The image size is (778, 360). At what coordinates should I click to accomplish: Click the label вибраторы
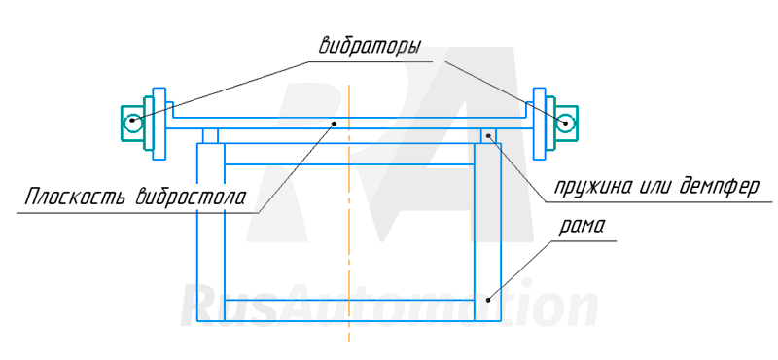(x=370, y=46)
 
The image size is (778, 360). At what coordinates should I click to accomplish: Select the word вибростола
(x=190, y=197)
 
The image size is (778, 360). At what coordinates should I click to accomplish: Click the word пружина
(x=591, y=187)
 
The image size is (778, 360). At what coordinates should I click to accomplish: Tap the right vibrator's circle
(x=565, y=124)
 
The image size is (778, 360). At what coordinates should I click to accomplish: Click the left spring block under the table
(x=210, y=136)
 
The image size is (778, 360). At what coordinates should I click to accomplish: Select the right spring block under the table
(x=488, y=136)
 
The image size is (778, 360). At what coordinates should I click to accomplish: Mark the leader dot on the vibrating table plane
(x=335, y=124)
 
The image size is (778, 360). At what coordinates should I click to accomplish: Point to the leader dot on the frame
(x=488, y=300)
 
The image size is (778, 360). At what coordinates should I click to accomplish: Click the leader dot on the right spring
(x=489, y=135)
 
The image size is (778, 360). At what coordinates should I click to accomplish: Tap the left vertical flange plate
(x=159, y=125)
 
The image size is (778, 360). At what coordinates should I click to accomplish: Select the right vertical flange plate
(x=540, y=125)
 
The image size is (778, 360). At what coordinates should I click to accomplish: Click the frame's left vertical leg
(x=211, y=233)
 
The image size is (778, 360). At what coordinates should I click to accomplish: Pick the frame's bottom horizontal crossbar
(x=350, y=310)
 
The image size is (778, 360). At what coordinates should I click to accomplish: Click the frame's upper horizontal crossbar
(x=350, y=154)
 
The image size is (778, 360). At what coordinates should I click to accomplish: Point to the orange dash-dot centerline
(x=349, y=213)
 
